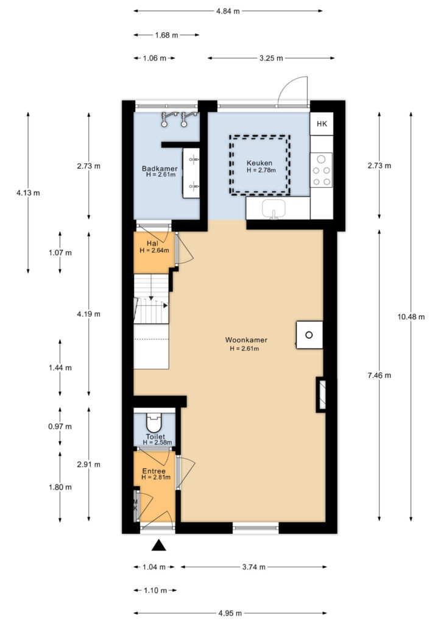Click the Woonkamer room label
tap(246, 340)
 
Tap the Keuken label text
tap(259, 163)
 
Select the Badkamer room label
tap(160, 169)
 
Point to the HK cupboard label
tap(322, 124)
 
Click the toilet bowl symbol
tap(154, 422)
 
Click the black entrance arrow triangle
tap(158, 545)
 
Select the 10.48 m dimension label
tap(411, 317)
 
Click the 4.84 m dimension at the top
tap(228, 11)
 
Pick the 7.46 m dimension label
tap(379, 375)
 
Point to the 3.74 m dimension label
tap(254, 567)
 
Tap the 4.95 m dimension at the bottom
tap(230, 613)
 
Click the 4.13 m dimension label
tap(28, 193)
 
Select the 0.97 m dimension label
tap(60, 427)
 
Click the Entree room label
tap(154, 471)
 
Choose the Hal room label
tap(152, 244)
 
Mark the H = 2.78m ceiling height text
tap(261, 170)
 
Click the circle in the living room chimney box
tap(309, 335)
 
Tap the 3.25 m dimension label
tap(271, 58)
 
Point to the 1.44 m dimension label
tap(60, 367)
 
